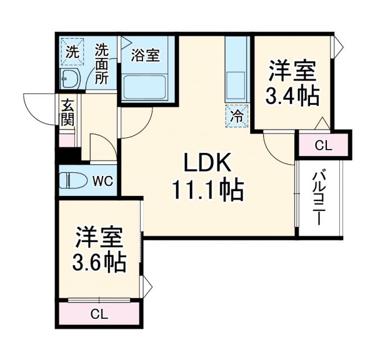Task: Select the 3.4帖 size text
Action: coord(292,96)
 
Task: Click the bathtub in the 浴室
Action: coord(145,88)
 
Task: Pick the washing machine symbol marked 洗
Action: coord(72,51)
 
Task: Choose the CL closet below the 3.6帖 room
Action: coord(99,314)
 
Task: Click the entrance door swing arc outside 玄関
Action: coord(41,108)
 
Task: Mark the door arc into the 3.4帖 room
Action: coord(275,144)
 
